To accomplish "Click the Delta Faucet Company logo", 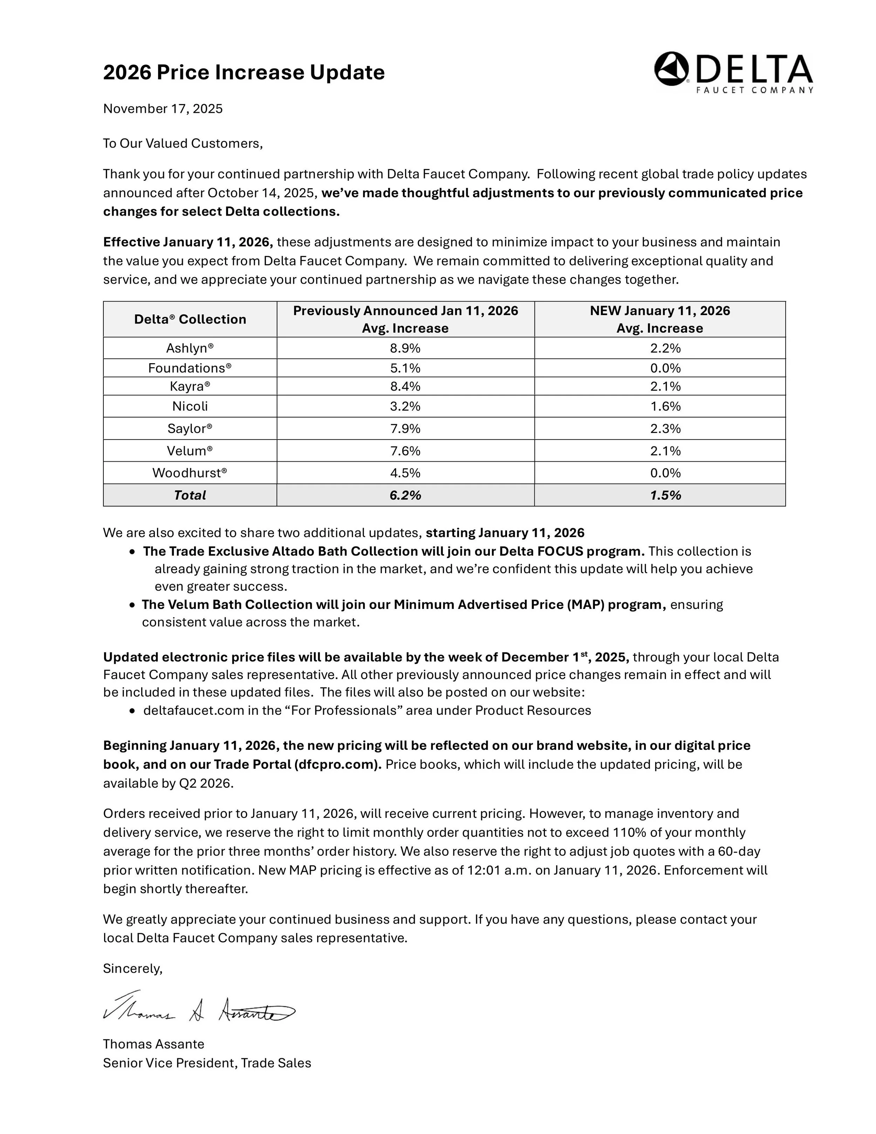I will (x=733, y=72).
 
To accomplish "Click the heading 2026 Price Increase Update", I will (x=244, y=72).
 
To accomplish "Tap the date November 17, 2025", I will (x=163, y=109).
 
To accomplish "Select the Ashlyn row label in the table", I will (x=190, y=348).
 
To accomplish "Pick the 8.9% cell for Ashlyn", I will (x=405, y=348).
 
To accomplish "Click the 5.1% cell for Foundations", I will (x=405, y=368).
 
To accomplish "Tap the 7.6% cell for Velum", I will (x=405, y=451).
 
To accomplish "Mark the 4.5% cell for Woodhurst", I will (x=405, y=473).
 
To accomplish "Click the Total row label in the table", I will (x=190, y=495).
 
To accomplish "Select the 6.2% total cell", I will (x=405, y=495).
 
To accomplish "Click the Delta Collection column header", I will (x=190, y=319).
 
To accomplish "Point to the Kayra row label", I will (x=190, y=386).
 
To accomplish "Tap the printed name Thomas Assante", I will (x=153, y=1044).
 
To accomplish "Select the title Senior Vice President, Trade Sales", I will (x=206, y=1063).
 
